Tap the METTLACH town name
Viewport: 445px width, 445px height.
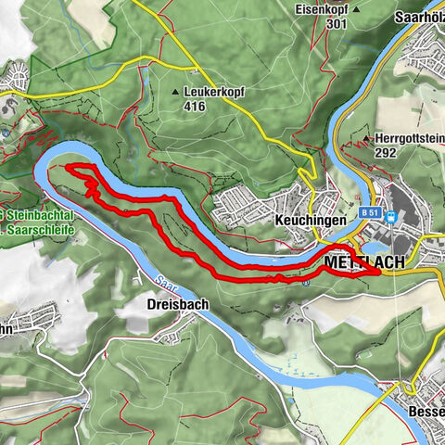[x=364, y=263]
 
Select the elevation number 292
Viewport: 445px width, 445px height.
[x=387, y=153]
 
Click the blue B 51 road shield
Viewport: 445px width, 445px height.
[x=371, y=212]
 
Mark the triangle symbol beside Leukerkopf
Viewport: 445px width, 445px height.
[x=176, y=93]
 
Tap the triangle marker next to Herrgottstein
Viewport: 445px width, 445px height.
[x=352, y=139]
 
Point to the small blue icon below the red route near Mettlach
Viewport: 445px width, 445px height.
[x=305, y=282]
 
